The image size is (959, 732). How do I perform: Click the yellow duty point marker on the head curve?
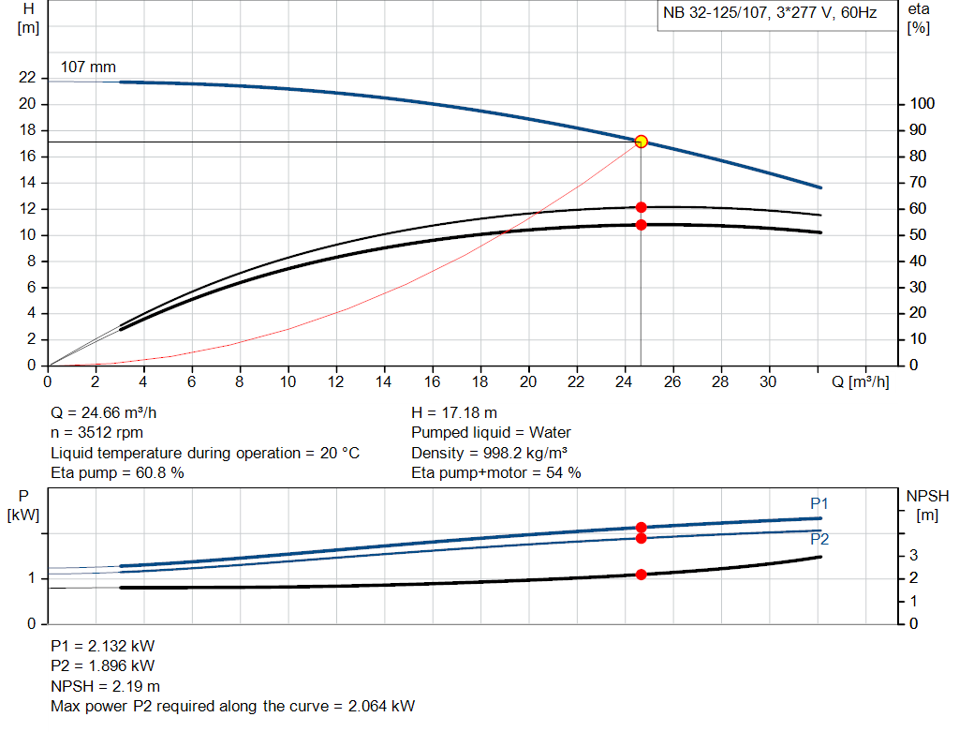pos(641,142)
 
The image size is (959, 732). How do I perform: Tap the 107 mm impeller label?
pos(88,67)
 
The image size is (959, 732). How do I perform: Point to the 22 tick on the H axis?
pos(26,78)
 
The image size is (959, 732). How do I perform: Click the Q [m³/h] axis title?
pos(861,382)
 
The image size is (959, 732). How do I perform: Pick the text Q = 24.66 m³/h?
pos(110,412)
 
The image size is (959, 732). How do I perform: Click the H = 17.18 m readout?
pos(454,412)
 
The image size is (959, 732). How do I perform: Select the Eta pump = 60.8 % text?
pos(117,473)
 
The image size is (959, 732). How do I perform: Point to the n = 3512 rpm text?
pos(98,433)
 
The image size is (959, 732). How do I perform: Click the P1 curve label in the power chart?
pos(819,504)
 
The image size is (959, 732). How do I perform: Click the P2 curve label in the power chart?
pos(819,540)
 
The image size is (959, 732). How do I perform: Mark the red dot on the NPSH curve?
pos(642,575)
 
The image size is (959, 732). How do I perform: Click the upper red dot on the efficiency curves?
pos(642,207)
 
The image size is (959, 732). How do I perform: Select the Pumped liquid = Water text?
pos(491,433)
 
